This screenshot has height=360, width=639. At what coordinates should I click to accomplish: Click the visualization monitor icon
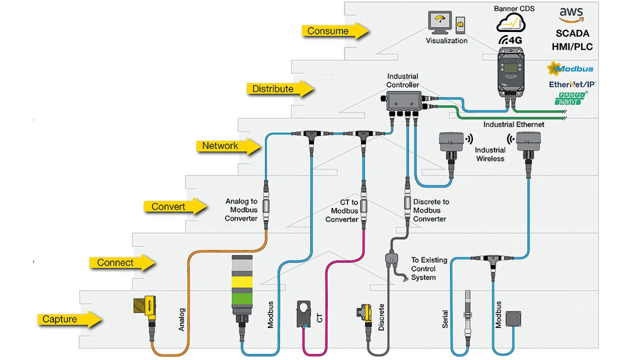click(x=439, y=23)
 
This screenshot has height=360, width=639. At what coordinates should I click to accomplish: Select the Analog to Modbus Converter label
click(x=241, y=210)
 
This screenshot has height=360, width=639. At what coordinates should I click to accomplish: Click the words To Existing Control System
click(x=423, y=269)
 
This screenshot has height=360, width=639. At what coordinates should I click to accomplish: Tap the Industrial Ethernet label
click(x=513, y=124)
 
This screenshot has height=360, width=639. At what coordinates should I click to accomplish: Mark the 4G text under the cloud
click(x=509, y=40)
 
